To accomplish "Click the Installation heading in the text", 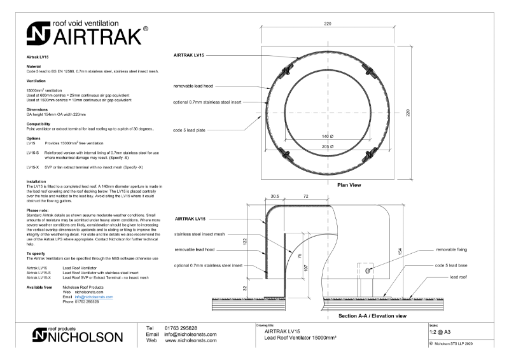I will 36,181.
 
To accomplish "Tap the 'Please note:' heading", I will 38,209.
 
